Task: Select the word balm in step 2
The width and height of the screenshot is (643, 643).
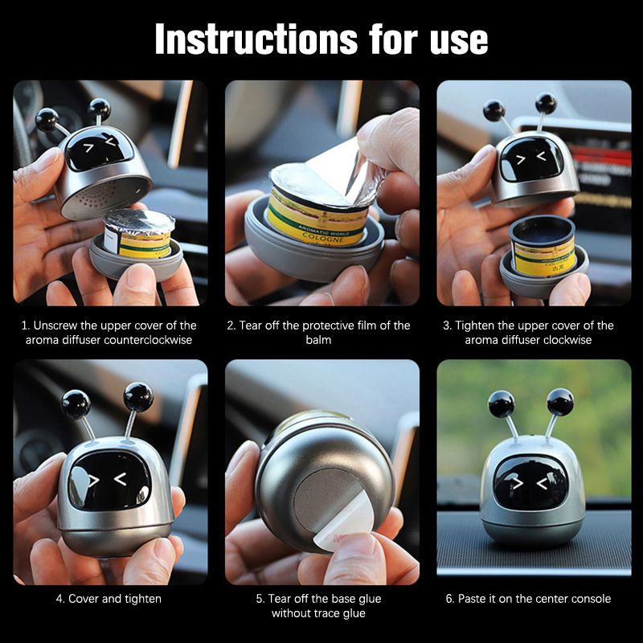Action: pos(318,340)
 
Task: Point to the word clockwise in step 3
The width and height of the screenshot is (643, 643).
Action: pos(569,340)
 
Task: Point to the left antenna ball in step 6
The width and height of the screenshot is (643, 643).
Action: pos(501,404)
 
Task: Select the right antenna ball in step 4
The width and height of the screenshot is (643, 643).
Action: pos(138,396)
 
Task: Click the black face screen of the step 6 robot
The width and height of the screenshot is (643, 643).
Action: pos(531,483)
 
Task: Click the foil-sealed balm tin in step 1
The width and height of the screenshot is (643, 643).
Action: pos(138,234)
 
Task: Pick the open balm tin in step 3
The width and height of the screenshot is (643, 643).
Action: pos(542,245)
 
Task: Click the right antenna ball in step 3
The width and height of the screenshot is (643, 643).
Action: pos(546,104)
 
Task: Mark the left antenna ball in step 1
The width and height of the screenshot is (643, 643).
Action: pos(47,119)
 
